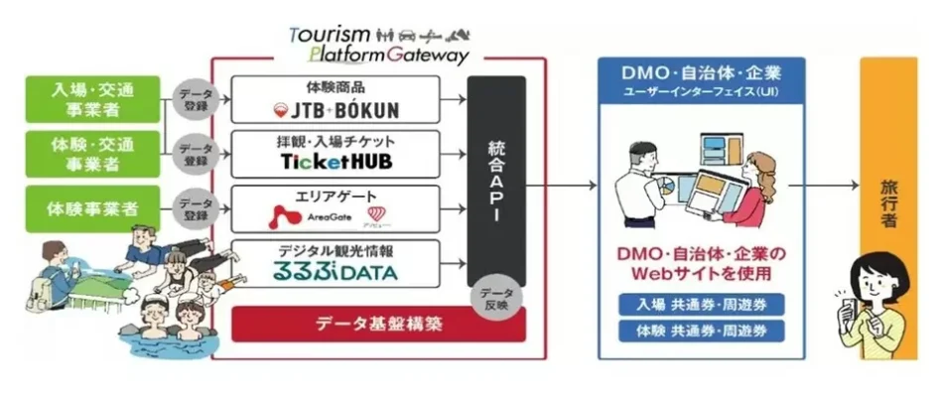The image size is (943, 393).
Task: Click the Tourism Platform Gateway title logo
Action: click(x=378, y=43)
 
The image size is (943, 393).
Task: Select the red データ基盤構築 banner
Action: click(x=379, y=324)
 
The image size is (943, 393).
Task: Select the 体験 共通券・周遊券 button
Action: click(x=701, y=330)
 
